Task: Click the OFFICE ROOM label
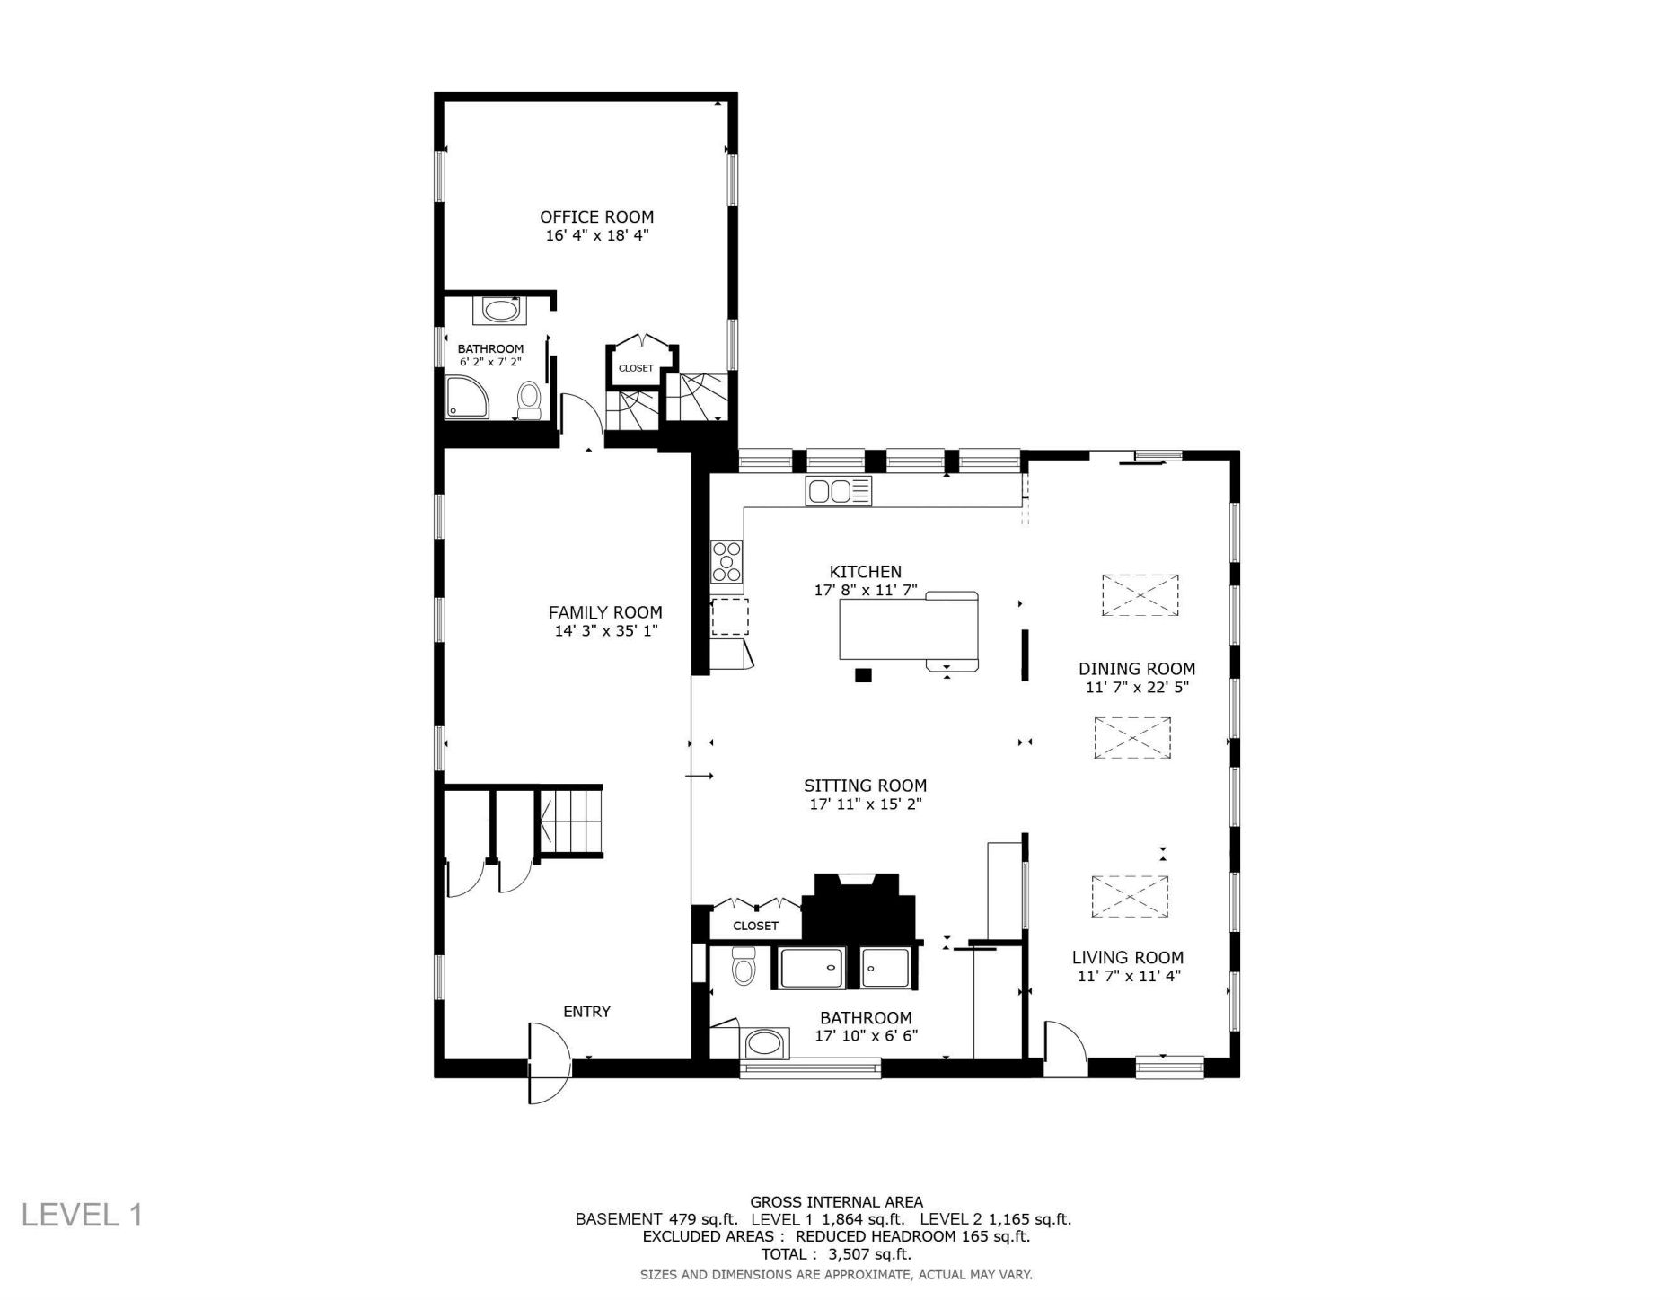[596, 216]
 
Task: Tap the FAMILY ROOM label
[605, 612]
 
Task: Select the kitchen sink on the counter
[838, 491]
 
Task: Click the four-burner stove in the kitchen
[727, 562]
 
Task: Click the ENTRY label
[586, 1012]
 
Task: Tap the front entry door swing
[549, 1063]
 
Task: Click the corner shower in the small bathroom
[467, 397]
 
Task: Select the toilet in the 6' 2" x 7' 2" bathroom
[529, 400]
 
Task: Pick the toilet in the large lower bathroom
[744, 966]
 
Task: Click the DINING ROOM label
[1137, 669]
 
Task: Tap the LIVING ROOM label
[1127, 958]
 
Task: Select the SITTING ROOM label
[865, 786]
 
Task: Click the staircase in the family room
[569, 821]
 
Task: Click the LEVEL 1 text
[82, 1215]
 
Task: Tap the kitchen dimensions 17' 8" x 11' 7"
[865, 590]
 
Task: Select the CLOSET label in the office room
[636, 368]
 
